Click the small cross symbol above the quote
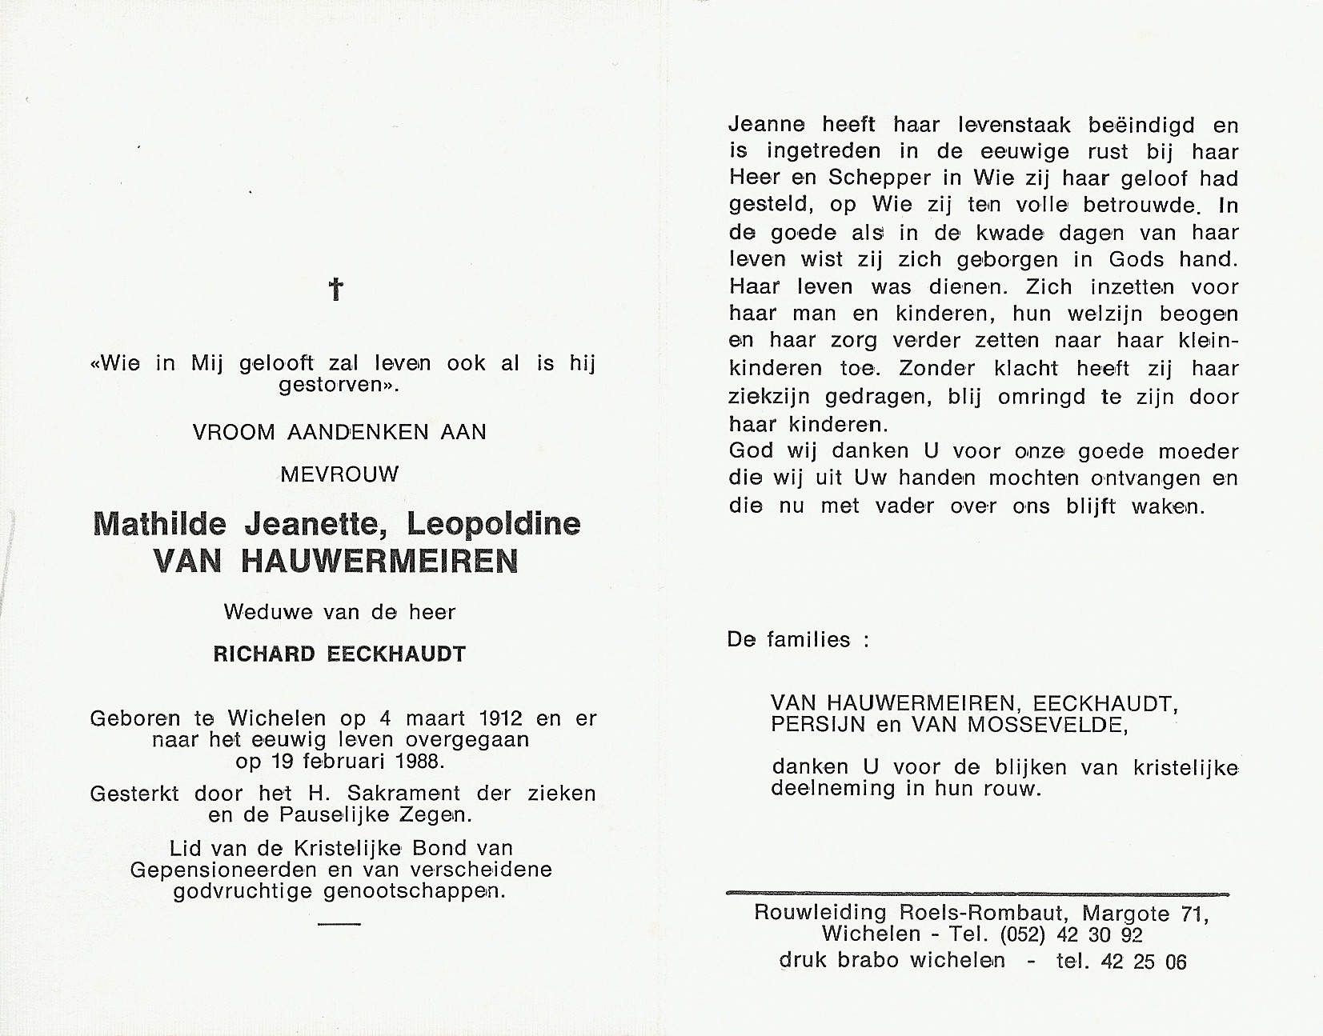(337, 290)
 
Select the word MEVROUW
(339, 474)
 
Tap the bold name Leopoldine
(494, 525)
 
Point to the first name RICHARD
(265, 654)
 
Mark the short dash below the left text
(339, 923)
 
